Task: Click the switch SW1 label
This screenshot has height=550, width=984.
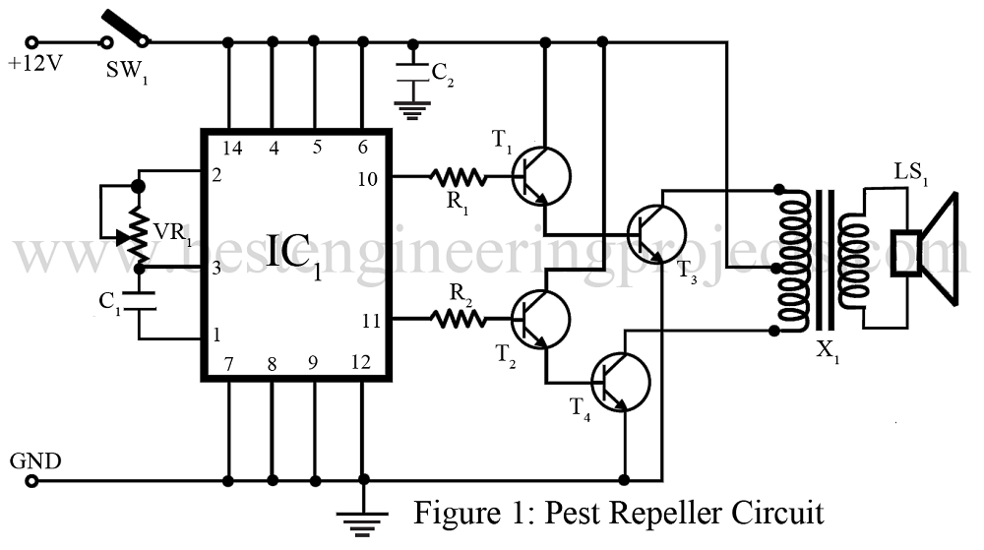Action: (x=127, y=70)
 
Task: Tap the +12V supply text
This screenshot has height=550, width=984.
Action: (x=35, y=63)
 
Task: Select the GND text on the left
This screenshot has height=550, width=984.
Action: (x=35, y=460)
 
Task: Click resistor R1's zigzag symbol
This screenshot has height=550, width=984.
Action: (x=459, y=177)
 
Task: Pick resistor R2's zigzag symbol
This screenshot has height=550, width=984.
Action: (x=459, y=320)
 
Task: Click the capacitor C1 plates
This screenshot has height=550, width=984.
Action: (x=140, y=301)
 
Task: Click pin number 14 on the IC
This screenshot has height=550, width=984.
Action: (x=231, y=148)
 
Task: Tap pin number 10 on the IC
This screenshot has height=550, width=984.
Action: (x=368, y=179)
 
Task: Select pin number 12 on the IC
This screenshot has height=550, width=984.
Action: (x=361, y=362)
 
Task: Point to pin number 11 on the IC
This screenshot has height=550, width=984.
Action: (x=371, y=321)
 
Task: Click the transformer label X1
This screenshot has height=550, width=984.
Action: (x=828, y=352)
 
